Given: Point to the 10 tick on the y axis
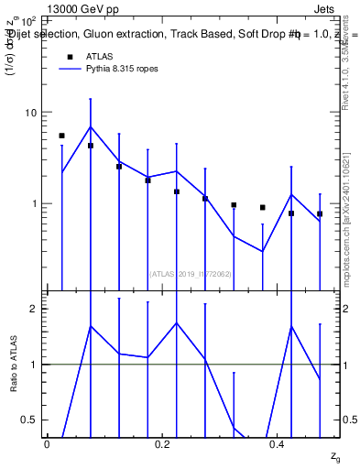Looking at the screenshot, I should pos(29,113).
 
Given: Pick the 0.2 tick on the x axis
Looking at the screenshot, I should pos(162,443).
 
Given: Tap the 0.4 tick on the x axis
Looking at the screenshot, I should pos(278,443).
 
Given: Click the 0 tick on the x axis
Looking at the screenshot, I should pos(47,443).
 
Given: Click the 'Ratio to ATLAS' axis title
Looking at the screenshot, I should pos(13,365).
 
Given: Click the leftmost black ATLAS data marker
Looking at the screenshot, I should pos(61,136).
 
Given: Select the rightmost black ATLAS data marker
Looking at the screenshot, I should pos(320,213).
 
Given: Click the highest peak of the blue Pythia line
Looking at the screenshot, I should pos(90,126).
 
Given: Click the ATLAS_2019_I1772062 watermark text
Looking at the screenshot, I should pos(189,273).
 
